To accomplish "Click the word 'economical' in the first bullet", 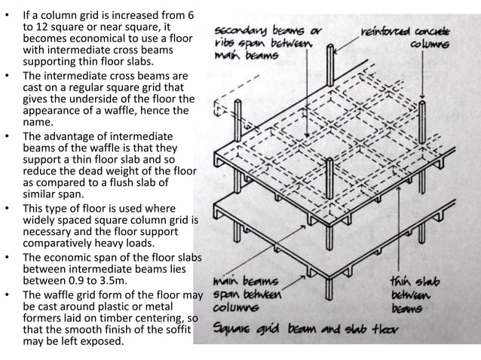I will (86, 38).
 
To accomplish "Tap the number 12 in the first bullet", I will (46, 26).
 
